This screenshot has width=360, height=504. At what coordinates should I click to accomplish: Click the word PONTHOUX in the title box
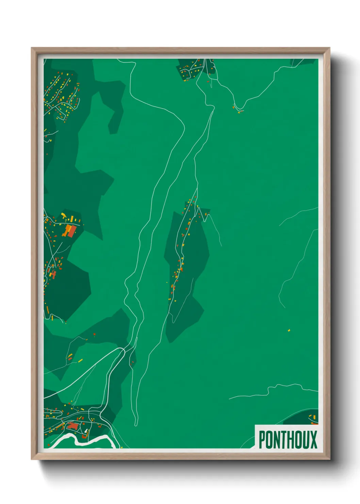pos(288,440)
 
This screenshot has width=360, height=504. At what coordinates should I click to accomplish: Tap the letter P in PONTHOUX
pos(262,440)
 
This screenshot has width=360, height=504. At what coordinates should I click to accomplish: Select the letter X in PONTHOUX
pos(313,440)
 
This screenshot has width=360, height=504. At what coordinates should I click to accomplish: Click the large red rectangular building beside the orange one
pos(72,232)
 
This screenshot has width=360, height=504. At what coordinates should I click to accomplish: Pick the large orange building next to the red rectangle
pos(67,230)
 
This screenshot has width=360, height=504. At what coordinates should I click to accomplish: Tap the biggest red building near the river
pos(72,426)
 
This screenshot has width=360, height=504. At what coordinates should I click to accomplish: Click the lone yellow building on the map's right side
pos(289,330)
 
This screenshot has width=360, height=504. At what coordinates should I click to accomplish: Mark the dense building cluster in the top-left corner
pos(61,94)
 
